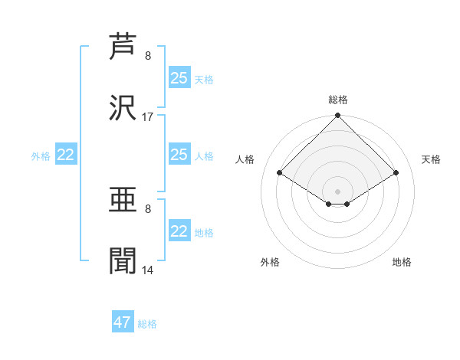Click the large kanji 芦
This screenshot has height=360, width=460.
123,46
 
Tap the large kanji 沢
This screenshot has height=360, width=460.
123,107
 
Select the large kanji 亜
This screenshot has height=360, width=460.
123,200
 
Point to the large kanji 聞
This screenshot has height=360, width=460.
123,260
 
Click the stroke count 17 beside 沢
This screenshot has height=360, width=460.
147,117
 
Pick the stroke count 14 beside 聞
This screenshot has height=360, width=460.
147,270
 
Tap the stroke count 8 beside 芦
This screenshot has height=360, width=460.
148,56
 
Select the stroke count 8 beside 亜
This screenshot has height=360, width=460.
148,209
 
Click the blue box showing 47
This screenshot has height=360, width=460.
123,321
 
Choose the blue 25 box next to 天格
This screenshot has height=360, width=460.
179,77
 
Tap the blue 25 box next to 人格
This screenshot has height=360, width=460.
179,154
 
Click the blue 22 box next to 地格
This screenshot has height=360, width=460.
179,230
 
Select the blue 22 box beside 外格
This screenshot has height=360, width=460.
66,154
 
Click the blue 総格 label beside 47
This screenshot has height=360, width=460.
147,324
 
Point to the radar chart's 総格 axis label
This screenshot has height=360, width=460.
338,100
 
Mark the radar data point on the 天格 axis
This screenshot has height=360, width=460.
396,172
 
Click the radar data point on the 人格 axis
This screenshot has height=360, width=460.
280,172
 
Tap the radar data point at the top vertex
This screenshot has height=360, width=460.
337,115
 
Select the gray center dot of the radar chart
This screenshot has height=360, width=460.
337,191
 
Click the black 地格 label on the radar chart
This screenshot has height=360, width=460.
402,262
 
